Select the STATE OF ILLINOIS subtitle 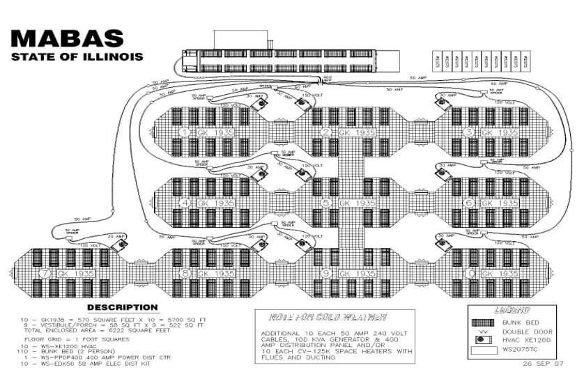77,56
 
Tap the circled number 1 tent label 185,132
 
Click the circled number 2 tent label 325,132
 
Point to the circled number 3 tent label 468,132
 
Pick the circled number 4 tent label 185,203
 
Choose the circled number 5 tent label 325,203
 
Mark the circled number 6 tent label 468,203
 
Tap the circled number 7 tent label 45,274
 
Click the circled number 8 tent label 185,274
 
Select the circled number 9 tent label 325,274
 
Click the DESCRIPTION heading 122,307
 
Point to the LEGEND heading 512,310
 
